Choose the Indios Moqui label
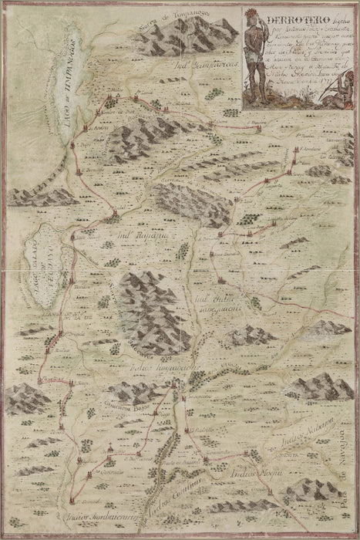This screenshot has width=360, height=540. click(x=240, y=464)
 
